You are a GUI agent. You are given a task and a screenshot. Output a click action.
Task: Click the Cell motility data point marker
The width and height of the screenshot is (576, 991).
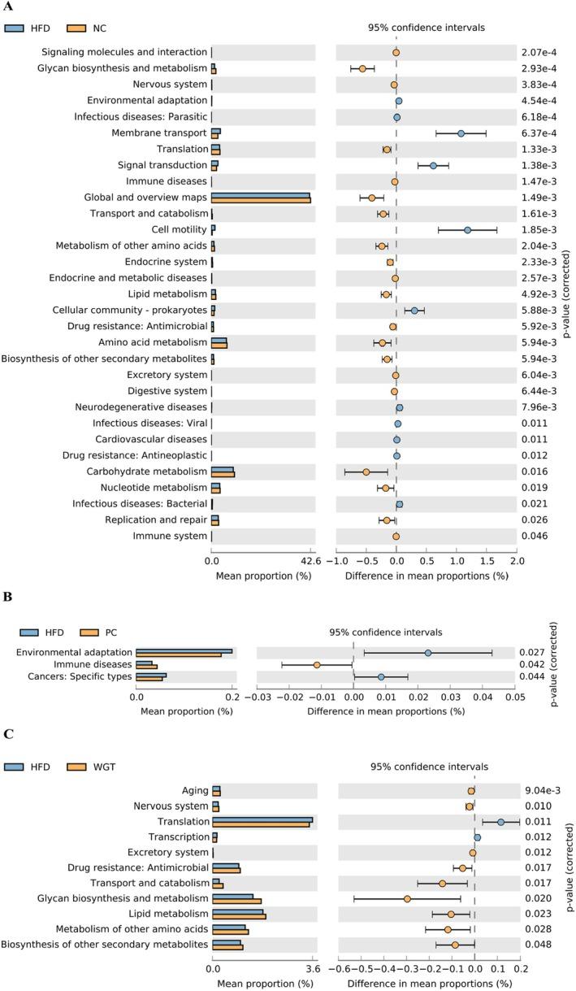click(467, 230)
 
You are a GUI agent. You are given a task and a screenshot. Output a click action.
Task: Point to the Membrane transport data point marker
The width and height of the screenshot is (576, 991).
click(461, 133)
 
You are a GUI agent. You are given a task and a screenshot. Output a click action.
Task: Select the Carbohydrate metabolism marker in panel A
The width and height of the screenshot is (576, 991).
click(366, 472)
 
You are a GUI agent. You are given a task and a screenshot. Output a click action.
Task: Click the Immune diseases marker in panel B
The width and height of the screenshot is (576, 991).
click(317, 664)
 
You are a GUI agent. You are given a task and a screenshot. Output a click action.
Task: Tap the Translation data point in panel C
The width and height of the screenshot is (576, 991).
click(500, 822)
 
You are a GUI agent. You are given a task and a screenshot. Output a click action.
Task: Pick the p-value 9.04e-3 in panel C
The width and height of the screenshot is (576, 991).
click(538, 790)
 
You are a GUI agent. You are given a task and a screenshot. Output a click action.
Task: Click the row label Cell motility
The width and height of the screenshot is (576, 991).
click(174, 230)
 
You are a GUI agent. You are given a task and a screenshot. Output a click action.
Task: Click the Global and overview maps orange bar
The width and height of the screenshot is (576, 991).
click(261, 201)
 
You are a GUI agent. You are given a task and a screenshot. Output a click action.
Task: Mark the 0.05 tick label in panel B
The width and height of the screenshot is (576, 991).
click(513, 698)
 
